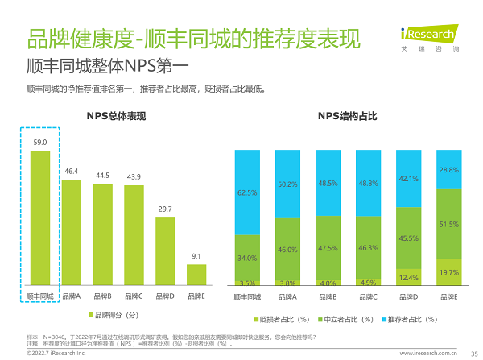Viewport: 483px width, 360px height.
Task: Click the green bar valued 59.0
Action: coord(40,218)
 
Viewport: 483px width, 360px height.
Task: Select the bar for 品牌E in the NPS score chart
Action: coord(196,276)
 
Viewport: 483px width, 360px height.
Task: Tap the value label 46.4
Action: coord(72,171)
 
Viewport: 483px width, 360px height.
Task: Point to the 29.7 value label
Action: coord(165,209)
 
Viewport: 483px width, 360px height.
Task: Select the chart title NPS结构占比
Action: coord(347,117)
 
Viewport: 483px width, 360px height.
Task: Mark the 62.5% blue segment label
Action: coord(247,192)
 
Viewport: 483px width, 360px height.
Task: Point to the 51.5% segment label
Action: coord(448,224)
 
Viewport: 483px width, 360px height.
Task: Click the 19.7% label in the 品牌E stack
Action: coord(448,273)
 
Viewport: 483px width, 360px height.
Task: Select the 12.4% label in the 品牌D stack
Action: coord(408,278)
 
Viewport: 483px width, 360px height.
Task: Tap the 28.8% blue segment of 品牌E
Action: coord(448,169)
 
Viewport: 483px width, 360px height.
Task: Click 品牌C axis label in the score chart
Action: coord(134,297)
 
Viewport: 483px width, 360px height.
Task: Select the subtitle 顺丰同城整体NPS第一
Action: coord(107,65)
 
